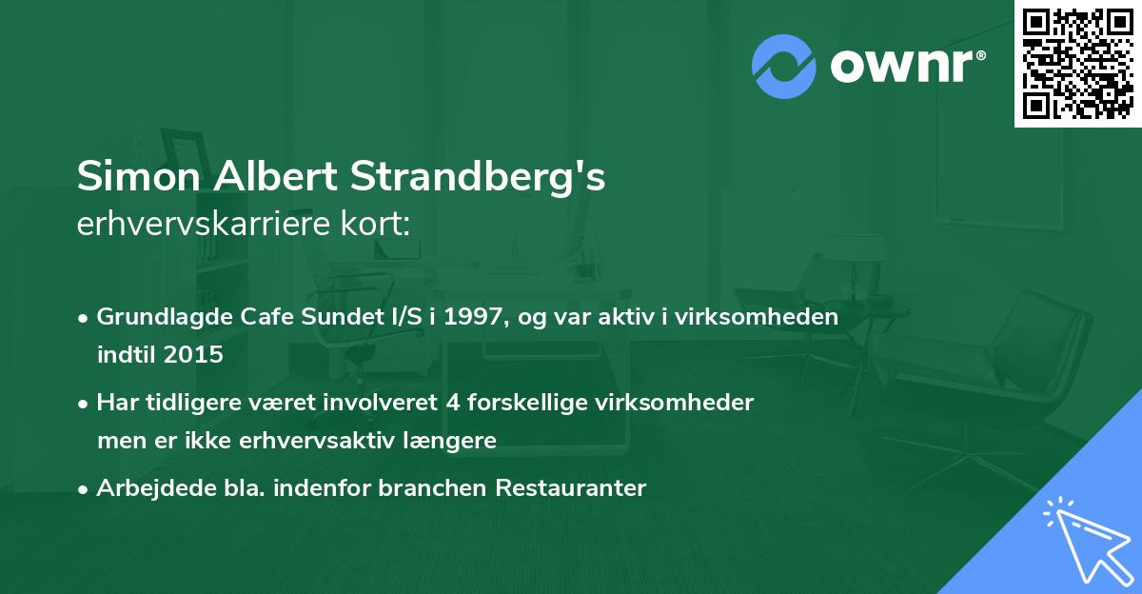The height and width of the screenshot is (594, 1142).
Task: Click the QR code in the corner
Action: pyautogui.click(x=1077, y=64)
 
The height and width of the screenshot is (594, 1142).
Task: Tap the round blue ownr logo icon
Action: pyautogui.click(x=783, y=66)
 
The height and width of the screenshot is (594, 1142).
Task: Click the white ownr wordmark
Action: pyautogui.click(x=907, y=66)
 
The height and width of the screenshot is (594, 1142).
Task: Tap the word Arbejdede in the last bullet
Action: pyautogui.click(x=148, y=488)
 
